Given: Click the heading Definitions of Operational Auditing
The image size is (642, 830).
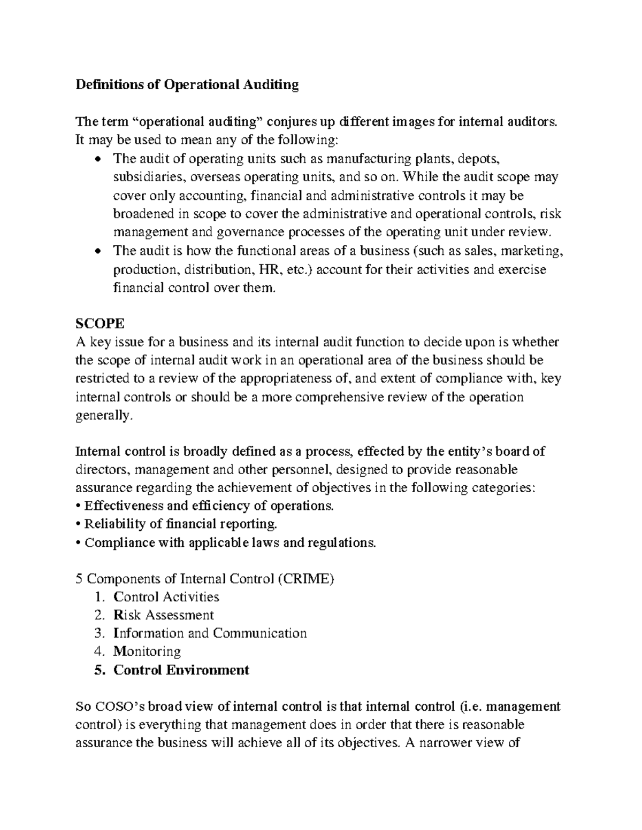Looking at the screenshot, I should click(x=187, y=85).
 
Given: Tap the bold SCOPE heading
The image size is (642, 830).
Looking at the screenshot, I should click(x=100, y=323).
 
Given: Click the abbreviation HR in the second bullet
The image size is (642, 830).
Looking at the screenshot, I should click(x=269, y=269).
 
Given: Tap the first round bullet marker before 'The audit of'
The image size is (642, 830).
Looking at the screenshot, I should click(x=97, y=160).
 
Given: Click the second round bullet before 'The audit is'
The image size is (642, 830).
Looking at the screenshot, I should click(x=97, y=252).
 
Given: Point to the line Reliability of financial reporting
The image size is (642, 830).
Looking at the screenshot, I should click(x=177, y=524).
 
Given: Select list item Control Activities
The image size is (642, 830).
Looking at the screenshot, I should click(x=166, y=596).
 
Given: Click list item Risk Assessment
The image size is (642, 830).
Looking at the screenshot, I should click(x=163, y=615).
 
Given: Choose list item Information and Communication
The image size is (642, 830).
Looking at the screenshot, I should click(x=210, y=633).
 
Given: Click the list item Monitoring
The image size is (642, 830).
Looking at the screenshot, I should click(x=147, y=651).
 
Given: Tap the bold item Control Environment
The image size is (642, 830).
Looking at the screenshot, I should click(x=181, y=670).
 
